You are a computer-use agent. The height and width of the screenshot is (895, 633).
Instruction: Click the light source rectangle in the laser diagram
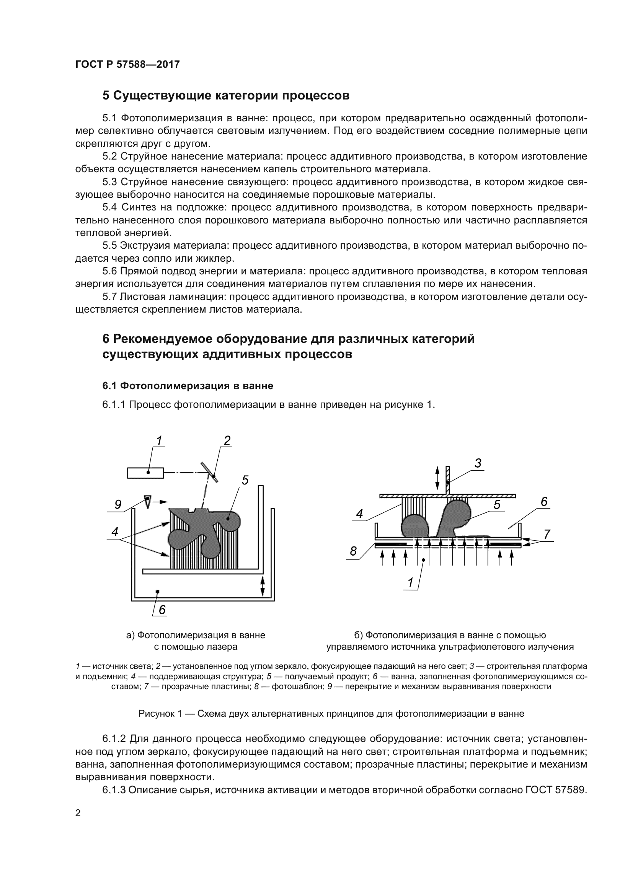tap(145, 473)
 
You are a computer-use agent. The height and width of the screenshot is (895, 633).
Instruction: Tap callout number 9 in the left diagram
tap(118, 504)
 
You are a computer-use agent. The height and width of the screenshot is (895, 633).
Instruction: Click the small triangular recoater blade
tap(147, 501)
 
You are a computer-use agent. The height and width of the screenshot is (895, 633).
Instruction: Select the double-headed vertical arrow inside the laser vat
tap(263, 587)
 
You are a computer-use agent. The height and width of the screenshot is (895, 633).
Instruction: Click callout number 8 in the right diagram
tap(353, 551)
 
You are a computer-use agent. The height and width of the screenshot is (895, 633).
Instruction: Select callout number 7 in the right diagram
tap(547, 535)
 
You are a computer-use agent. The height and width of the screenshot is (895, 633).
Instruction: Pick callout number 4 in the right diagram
tap(359, 514)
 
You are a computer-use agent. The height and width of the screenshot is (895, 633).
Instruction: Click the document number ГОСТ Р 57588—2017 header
tap(127, 65)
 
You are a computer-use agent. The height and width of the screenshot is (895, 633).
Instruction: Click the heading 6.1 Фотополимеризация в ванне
tap(188, 386)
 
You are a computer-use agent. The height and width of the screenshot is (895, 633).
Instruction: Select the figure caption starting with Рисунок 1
tap(331, 714)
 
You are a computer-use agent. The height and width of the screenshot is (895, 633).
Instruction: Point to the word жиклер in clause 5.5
tap(215, 258)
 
